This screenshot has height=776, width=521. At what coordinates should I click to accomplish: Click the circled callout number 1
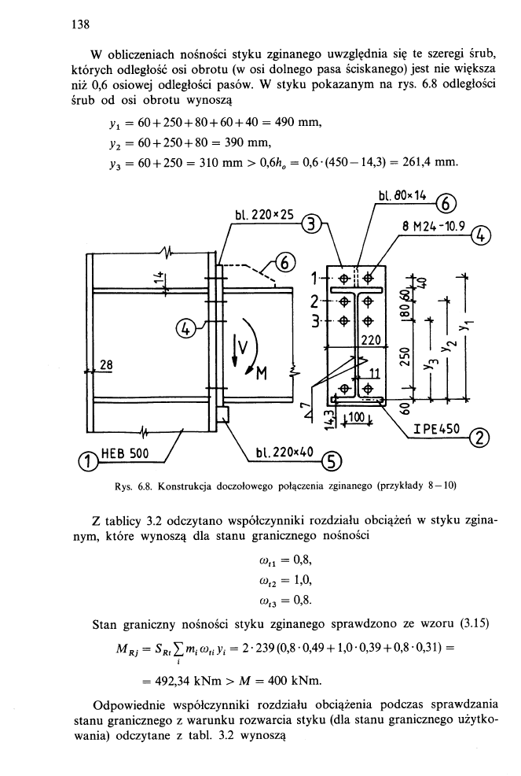93,459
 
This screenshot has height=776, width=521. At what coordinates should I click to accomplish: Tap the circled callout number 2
474,442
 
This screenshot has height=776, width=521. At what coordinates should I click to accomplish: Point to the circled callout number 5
346,461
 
